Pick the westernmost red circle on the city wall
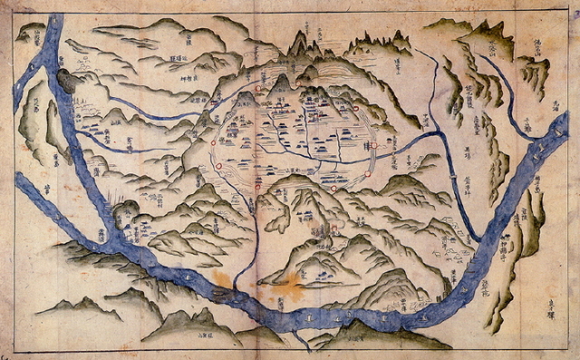(215, 142)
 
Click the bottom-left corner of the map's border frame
(14, 351)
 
